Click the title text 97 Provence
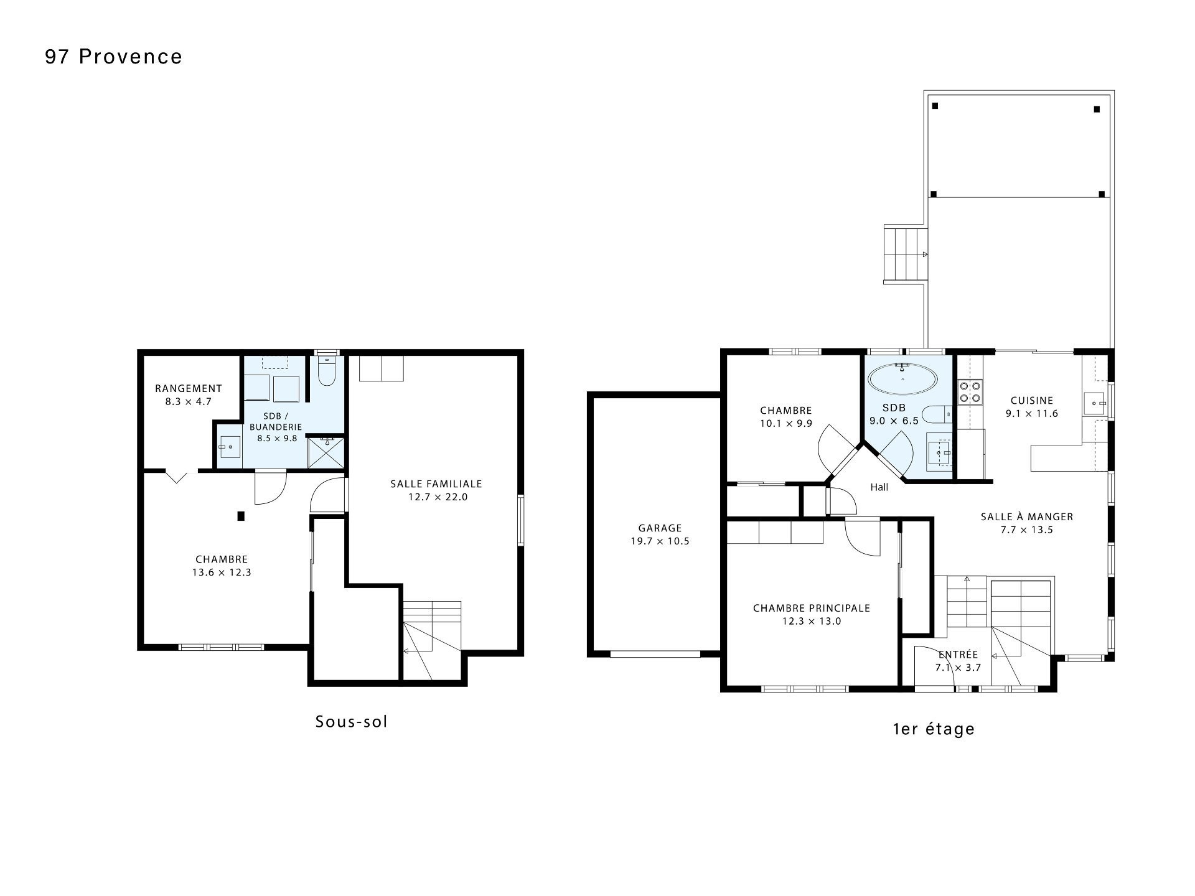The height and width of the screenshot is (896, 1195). coord(114,57)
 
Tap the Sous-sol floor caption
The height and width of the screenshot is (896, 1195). coord(352,722)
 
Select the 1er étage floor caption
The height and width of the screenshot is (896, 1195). coord(934,729)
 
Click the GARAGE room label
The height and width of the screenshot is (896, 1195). coord(660,528)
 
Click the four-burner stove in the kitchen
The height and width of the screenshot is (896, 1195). coord(970,391)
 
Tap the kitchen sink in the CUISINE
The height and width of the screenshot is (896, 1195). coord(1094,403)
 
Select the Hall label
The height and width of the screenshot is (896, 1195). coord(879,487)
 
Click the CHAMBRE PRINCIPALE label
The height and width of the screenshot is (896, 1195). coord(812,608)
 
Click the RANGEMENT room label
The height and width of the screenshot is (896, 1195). coord(189,388)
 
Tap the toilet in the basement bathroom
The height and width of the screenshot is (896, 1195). coord(327,371)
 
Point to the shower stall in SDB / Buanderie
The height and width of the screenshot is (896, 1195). coord(326,453)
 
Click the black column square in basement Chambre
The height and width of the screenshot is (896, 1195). coord(241,516)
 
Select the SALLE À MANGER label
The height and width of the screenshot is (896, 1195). coord(1027,516)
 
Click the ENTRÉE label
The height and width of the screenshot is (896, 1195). coord(958,655)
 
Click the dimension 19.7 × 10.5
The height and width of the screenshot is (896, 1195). coord(660,541)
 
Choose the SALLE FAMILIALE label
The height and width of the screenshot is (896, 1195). coord(436,483)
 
